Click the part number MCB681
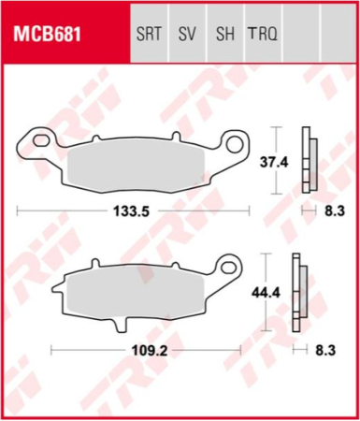(47, 36)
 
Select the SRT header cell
(150, 36)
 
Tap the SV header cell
(187, 36)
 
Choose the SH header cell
(224, 36)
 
